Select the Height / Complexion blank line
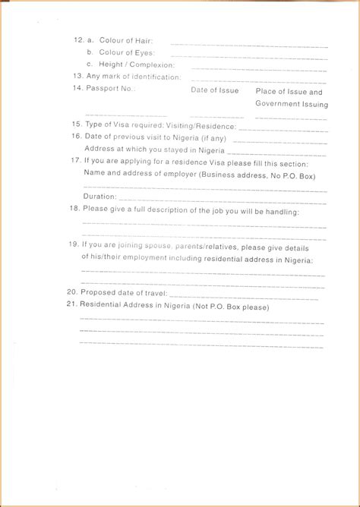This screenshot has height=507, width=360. tap(258, 69)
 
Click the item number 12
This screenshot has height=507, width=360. tap(77, 39)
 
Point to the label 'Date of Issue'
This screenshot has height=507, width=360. tap(214, 90)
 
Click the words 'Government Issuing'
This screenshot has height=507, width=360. tap(292, 104)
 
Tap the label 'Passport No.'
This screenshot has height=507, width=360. tap(111, 89)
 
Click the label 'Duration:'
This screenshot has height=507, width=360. tap(99, 197)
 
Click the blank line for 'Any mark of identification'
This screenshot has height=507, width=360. tap(258, 80)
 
